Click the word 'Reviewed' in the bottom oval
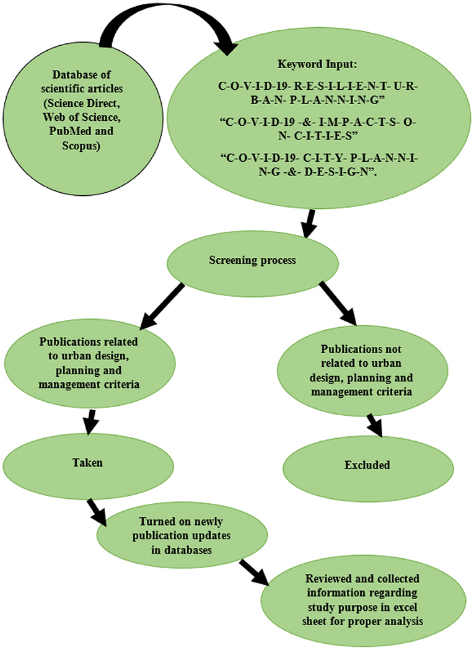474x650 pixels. (328, 578)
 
